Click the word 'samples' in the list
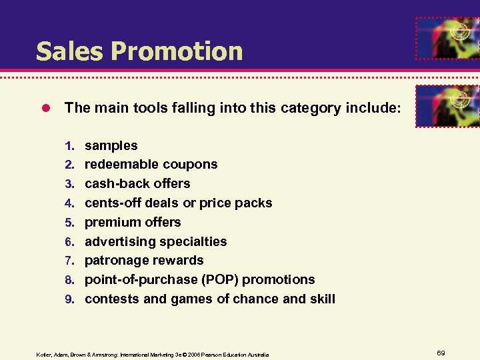pos(111,145)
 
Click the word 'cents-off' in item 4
pos(113,203)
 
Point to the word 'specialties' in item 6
pos(193,241)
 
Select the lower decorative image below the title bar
pos(447,105)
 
